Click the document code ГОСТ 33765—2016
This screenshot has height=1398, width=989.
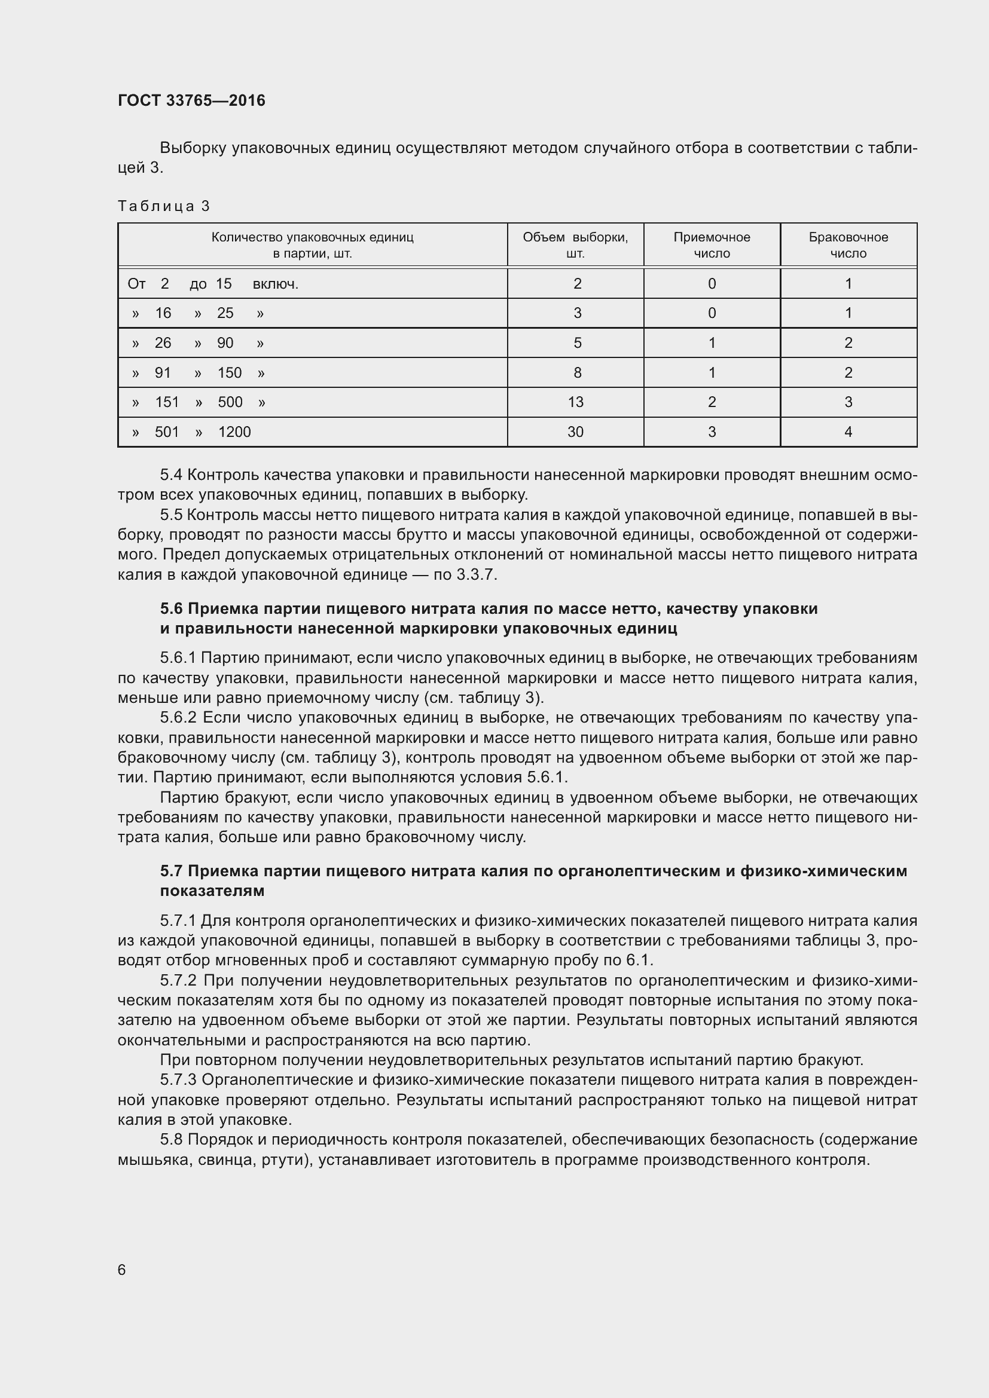tap(191, 101)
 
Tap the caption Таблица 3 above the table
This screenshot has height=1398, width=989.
tap(163, 206)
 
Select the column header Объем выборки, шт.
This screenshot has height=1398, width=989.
tap(575, 245)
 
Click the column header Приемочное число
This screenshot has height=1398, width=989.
tap(712, 245)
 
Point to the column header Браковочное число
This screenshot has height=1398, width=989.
tap(848, 245)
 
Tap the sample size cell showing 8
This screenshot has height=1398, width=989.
tap(576, 372)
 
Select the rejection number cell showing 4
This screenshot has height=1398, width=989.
tap(848, 432)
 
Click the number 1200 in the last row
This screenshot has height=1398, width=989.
tap(234, 432)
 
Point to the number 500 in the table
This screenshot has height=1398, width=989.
tap(230, 402)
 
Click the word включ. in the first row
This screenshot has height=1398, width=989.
tap(275, 284)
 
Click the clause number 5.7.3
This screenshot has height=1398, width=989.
tap(178, 1080)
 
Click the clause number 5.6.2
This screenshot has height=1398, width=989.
tap(178, 718)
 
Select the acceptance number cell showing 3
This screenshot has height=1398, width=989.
tap(712, 432)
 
